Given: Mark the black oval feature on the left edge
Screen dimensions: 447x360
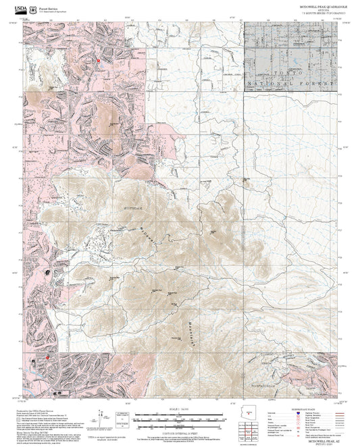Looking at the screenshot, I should (x=47, y=272).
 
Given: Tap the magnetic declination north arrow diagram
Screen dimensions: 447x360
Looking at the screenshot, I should (x=101, y=417).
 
